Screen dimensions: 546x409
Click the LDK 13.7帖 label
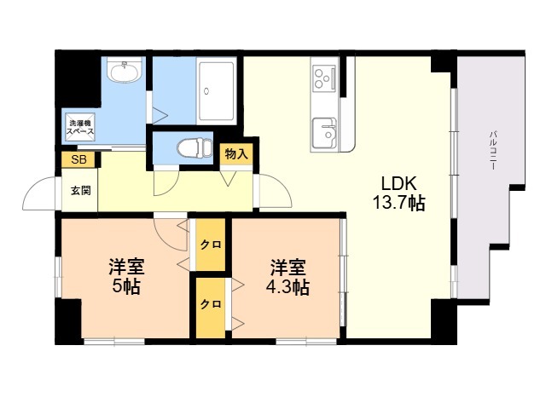click(x=398, y=193)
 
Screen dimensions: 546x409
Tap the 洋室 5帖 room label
click(x=126, y=276)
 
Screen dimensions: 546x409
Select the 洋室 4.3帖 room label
click(x=288, y=276)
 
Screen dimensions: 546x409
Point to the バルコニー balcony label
click(x=493, y=150)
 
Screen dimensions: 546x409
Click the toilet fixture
click(x=195, y=147)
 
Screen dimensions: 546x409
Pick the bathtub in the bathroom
click(x=216, y=90)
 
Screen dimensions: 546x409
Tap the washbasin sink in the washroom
click(x=125, y=70)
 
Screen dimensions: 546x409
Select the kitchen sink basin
click(x=324, y=133)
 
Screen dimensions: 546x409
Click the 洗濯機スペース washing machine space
click(x=80, y=127)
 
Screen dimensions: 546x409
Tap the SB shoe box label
click(x=78, y=159)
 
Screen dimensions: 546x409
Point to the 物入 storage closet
click(x=236, y=153)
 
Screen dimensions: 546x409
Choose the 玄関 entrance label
click(x=81, y=190)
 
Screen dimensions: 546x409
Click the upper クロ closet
click(x=211, y=245)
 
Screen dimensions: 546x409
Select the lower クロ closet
click(x=211, y=304)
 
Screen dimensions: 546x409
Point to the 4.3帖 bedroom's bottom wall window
click(x=306, y=341)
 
